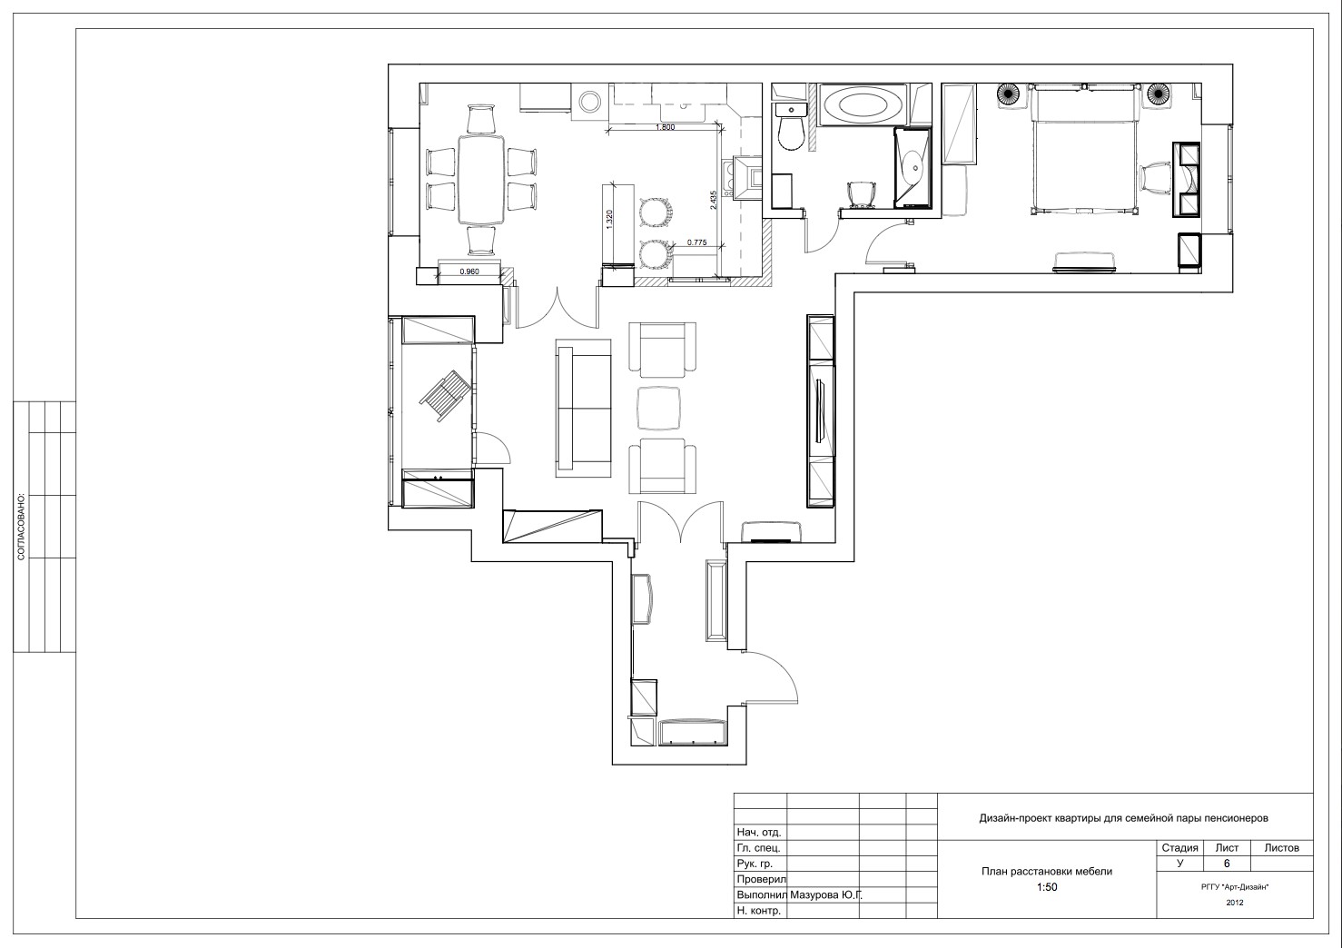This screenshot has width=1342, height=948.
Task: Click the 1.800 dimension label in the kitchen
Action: (x=665, y=127)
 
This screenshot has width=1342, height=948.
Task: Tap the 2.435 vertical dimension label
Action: (x=713, y=200)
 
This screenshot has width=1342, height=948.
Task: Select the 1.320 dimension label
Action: (x=609, y=220)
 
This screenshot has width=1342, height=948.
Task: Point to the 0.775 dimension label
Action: (x=696, y=242)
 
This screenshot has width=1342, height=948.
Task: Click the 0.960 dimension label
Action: (x=469, y=272)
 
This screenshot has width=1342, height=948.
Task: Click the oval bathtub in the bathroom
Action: (x=863, y=105)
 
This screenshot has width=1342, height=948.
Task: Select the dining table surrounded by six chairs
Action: (x=481, y=179)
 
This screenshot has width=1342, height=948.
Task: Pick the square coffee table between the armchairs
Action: (x=658, y=408)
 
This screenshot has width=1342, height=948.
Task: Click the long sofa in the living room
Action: (x=584, y=408)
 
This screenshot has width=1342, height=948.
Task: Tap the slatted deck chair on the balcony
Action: (x=446, y=396)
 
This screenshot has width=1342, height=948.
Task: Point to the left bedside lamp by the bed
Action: (x=1008, y=94)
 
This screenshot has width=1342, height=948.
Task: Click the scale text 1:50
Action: (x=1047, y=887)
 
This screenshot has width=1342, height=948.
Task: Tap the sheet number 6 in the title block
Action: (x=1227, y=864)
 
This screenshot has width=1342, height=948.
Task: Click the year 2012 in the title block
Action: (x=1234, y=903)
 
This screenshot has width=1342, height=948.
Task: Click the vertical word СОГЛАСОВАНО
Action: (x=21, y=528)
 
